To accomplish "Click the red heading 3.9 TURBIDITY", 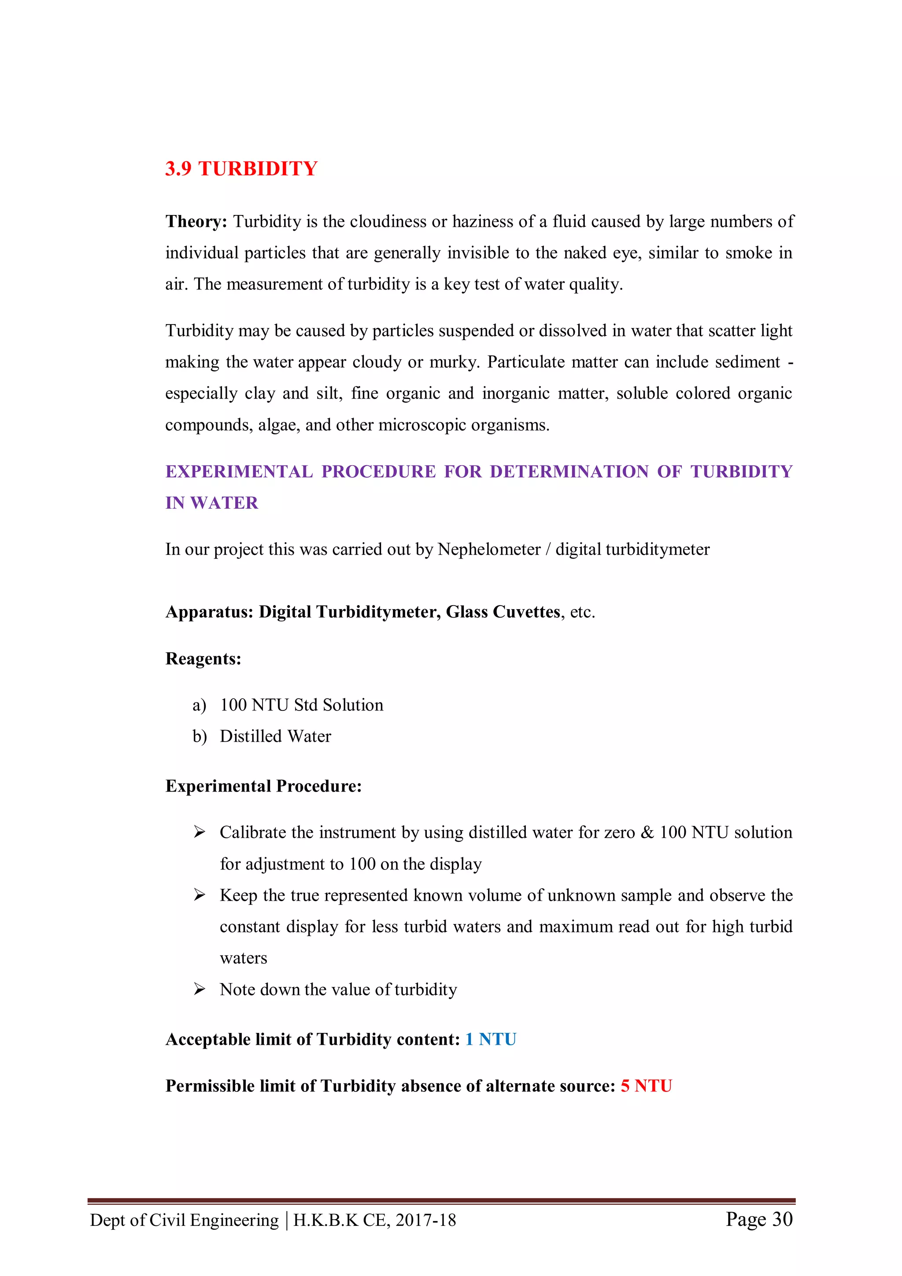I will [x=241, y=168].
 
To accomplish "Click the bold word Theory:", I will [x=196, y=221].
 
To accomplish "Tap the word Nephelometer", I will [x=488, y=549].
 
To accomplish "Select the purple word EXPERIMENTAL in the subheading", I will [x=239, y=471].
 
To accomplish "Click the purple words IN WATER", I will [x=212, y=503].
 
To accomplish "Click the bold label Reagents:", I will [x=203, y=658].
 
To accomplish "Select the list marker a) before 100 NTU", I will [x=199, y=705].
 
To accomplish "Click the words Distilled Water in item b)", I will [x=275, y=736].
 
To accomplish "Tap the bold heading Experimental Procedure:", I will [x=263, y=786].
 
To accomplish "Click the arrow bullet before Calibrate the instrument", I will [x=199, y=832].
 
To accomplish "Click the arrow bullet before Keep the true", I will [x=199, y=895].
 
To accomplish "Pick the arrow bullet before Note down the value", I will [x=199, y=989].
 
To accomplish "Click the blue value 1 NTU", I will [x=491, y=1039].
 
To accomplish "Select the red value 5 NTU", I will [x=647, y=1086].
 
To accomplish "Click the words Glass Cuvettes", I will [x=503, y=612].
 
